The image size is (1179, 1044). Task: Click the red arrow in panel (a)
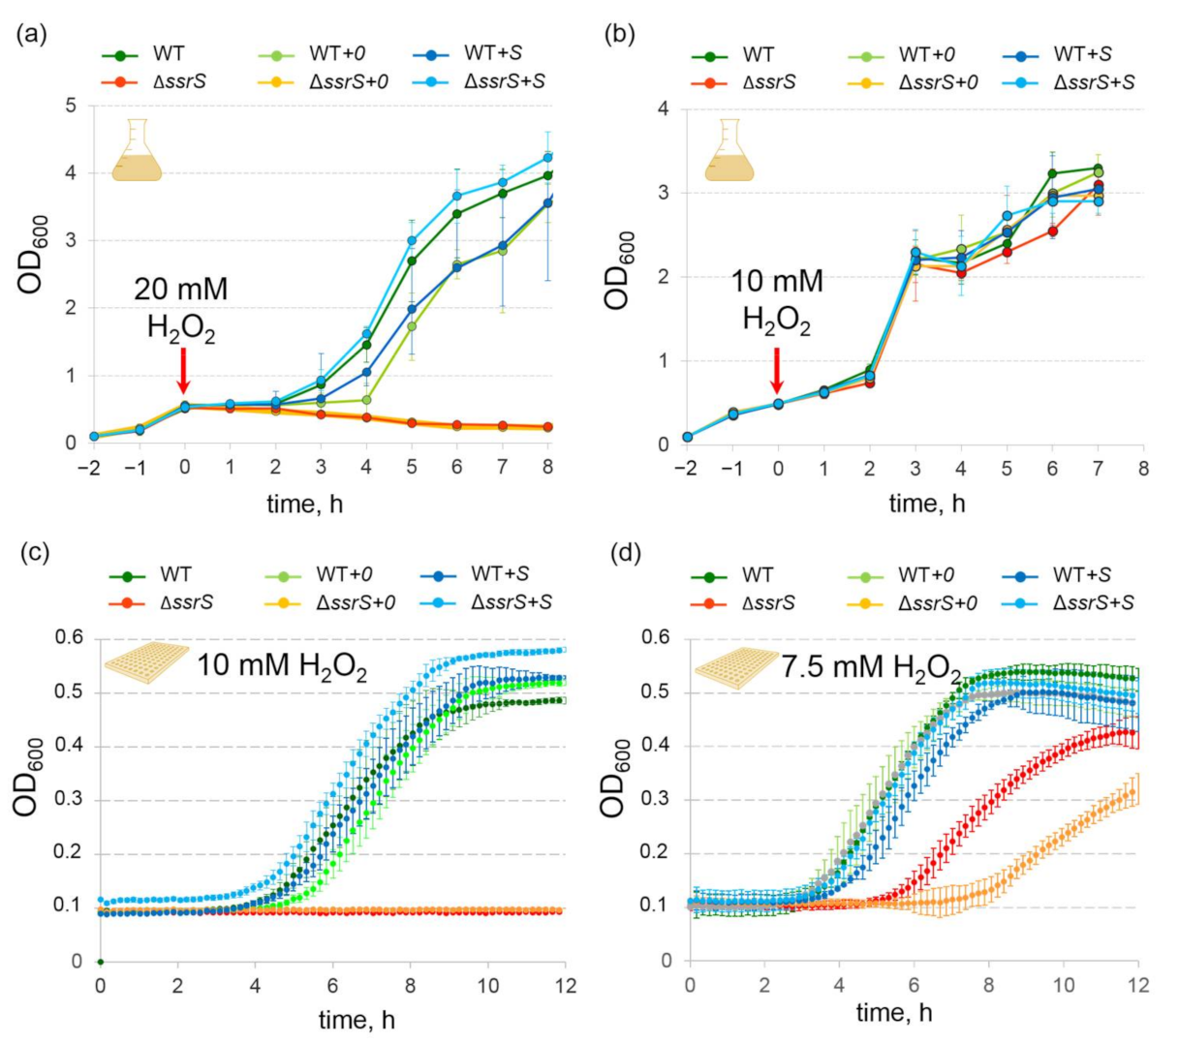tap(183, 371)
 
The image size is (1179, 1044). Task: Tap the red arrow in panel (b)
tap(776, 370)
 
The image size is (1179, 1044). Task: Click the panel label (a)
tap(31, 35)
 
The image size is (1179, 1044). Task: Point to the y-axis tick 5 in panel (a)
tap(71, 106)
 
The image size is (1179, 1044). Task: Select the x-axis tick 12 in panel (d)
tap(1137, 985)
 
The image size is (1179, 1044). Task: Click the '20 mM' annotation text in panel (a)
tap(181, 289)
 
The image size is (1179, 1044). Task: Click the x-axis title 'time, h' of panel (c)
tap(357, 1019)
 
